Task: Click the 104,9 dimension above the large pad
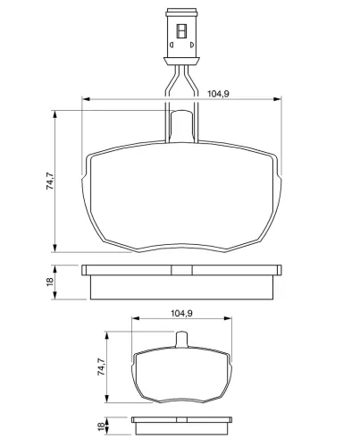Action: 218,94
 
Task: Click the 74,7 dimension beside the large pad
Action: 50,181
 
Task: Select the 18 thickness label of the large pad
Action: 50,282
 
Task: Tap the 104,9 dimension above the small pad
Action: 181,313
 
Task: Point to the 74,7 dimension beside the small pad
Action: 101,367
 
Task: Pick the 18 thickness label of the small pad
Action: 101,426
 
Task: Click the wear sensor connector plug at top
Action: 181,37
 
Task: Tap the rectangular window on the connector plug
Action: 181,31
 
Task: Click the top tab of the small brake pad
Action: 181,339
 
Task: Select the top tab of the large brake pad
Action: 181,126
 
